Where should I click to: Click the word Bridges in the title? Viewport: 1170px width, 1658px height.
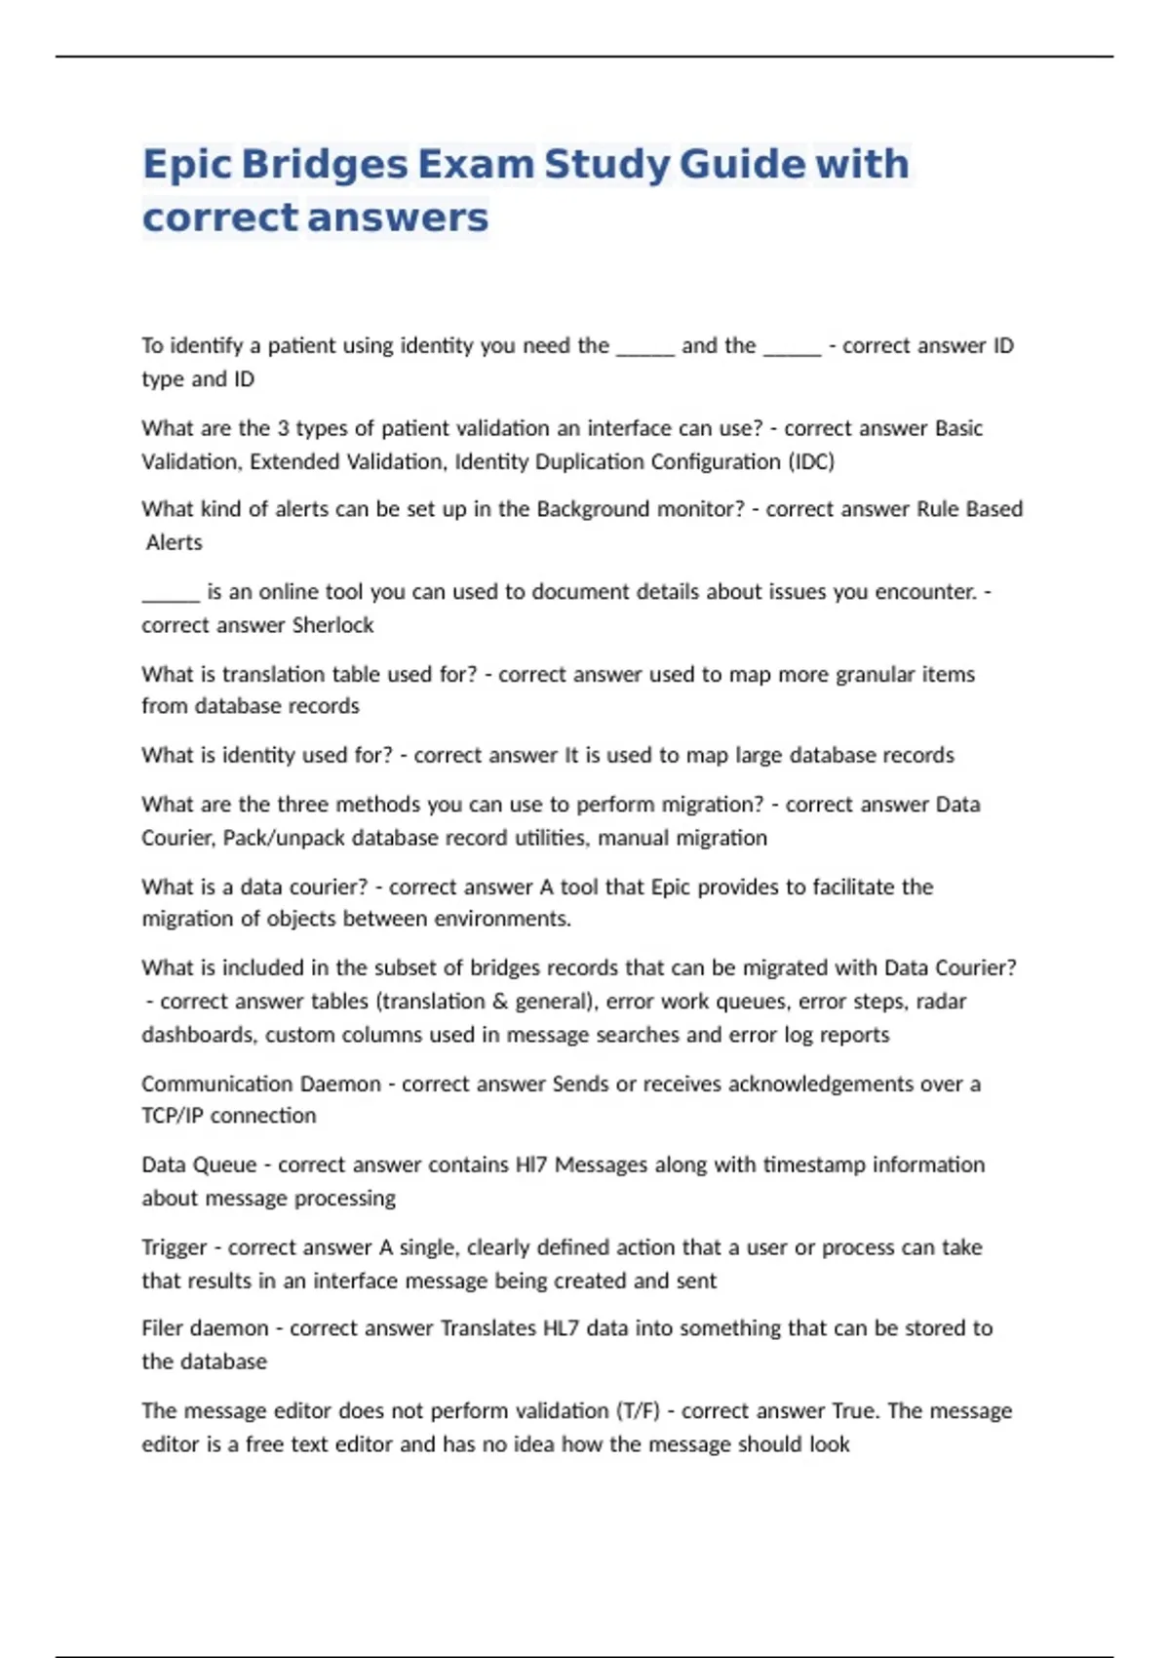tap(324, 164)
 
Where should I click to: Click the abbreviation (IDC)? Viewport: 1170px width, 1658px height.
tap(811, 461)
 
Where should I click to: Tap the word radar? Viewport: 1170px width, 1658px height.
tap(941, 1002)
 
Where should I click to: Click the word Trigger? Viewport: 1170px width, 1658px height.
tap(174, 1247)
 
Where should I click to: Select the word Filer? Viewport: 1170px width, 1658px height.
tap(163, 1328)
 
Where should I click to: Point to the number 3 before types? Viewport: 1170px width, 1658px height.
tap(283, 428)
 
